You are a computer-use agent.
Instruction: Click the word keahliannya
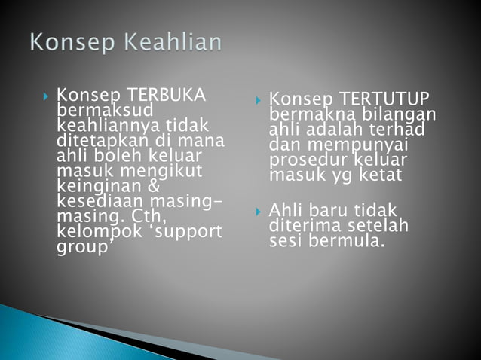click(103, 124)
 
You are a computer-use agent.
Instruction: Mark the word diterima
click(304, 225)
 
